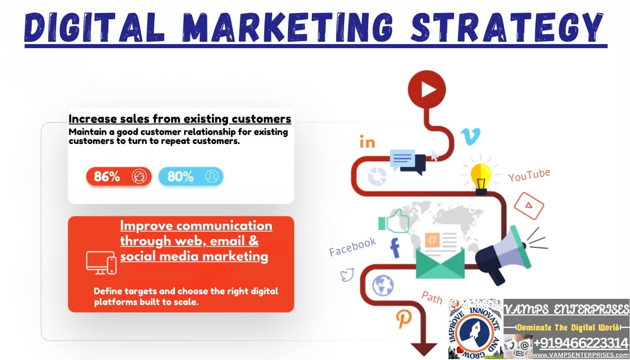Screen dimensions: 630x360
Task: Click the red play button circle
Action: click(x=427, y=90)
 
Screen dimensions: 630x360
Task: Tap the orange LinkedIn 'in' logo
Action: click(x=367, y=141)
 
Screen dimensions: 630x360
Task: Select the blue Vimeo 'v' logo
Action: click(x=471, y=136)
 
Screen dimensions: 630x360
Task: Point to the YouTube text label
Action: click(x=529, y=175)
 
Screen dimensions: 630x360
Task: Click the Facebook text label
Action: click(x=352, y=247)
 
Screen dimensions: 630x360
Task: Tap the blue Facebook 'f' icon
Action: click(x=395, y=248)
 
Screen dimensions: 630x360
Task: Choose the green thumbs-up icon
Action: click(x=394, y=221)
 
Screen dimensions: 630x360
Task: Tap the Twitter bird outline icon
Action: click(x=347, y=274)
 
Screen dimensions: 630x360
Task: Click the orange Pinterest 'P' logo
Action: click(x=404, y=319)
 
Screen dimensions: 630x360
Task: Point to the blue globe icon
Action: click(x=383, y=285)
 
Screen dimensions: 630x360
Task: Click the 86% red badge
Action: click(x=119, y=176)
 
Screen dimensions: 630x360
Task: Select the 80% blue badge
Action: click(x=191, y=176)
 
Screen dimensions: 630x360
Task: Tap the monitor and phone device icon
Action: click(x=101, y=263)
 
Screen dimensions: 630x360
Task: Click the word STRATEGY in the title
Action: click(x=507, y=27)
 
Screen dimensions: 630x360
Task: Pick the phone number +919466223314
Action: click(x=580, y=343)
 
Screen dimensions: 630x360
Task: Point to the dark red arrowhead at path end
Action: click(x=424, y=350)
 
